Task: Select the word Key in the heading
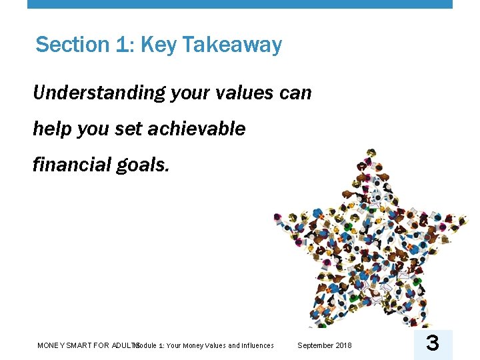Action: point(158,45)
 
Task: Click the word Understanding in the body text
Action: point(99,93)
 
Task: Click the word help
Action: point(53,129)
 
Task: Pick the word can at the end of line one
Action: point(295,93)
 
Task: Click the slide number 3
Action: point(432,344)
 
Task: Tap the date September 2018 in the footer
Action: point(324,345)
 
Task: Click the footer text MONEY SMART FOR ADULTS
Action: point(87,345)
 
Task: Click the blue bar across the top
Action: point(240,4)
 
